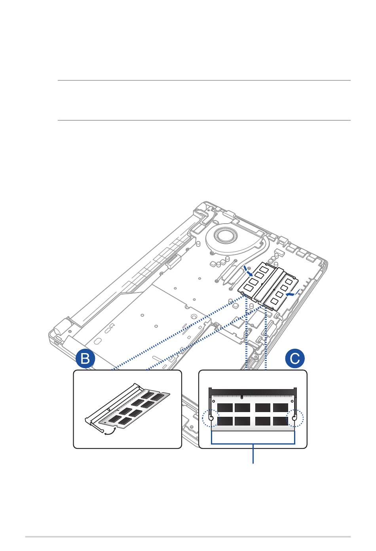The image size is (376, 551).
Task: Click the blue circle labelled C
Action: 295,359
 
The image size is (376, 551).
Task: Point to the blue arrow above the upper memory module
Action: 248,272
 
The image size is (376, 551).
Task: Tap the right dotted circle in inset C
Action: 295,418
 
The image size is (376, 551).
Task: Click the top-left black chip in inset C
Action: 225,408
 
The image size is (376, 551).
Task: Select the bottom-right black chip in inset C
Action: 280,420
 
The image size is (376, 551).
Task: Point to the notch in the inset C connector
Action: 241,396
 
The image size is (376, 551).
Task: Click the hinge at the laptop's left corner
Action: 59,331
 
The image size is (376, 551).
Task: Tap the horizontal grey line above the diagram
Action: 204,80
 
